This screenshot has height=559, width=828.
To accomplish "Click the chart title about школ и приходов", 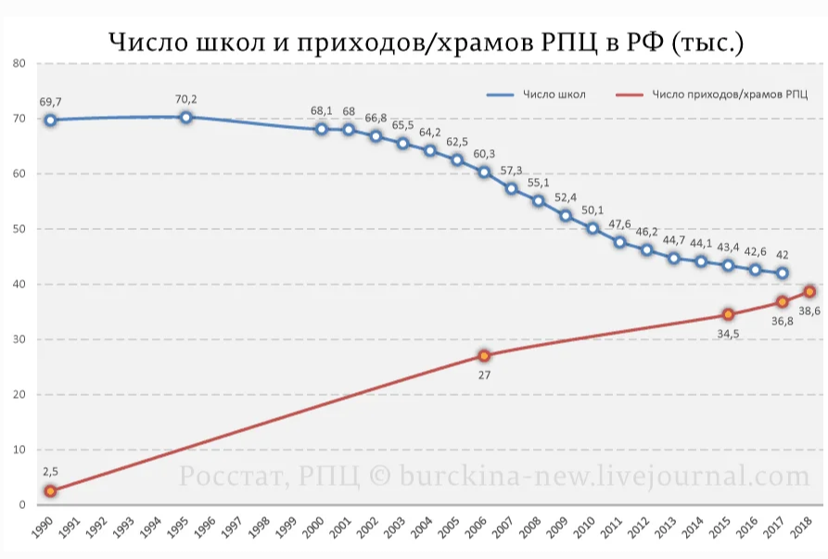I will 426,42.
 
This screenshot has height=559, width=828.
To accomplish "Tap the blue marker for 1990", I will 50,120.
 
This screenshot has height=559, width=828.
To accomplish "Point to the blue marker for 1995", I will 185,117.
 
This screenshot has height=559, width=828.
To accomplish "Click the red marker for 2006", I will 484,356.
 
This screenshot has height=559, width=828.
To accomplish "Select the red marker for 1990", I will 50,491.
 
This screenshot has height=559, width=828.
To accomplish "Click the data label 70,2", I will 185,99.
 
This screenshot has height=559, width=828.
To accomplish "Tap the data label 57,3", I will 512,171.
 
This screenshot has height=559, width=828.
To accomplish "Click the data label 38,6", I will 809,311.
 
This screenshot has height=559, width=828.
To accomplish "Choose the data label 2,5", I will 50,472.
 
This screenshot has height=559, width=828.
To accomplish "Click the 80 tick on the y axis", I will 18,63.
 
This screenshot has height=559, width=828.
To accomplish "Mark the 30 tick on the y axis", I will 18,339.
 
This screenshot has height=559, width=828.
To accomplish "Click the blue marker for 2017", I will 783,273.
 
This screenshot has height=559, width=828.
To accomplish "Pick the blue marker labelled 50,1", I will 592,228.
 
